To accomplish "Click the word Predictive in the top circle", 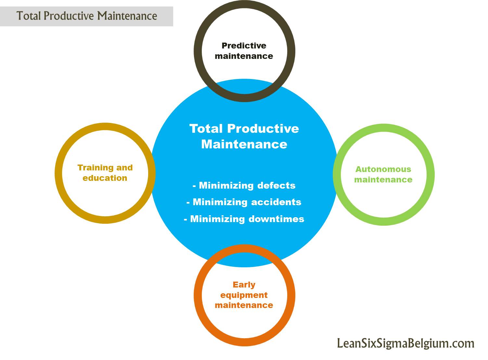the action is click(244, 46).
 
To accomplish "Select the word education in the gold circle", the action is click(105, 178).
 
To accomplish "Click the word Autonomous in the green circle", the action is click(383, 169).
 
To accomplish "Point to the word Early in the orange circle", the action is click(244, 285).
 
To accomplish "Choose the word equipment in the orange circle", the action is click(244, 295).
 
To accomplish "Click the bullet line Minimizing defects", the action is click(244, 185).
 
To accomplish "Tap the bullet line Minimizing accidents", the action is click(244, 202).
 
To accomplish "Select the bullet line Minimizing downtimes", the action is click(244, 219).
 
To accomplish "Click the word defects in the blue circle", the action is click(276, 185).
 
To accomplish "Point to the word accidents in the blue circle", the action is click(276, 202).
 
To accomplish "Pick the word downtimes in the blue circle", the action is click(276, 219).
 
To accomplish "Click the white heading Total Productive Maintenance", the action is click(244, 136).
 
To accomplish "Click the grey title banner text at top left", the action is click(87, 16).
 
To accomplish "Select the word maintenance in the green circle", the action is click(383, 180).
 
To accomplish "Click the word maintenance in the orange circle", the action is click(244, 305).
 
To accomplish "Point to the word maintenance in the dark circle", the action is click(244, 56).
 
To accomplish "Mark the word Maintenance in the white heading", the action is click(244, 144).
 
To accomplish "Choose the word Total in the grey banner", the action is click(29, 16).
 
